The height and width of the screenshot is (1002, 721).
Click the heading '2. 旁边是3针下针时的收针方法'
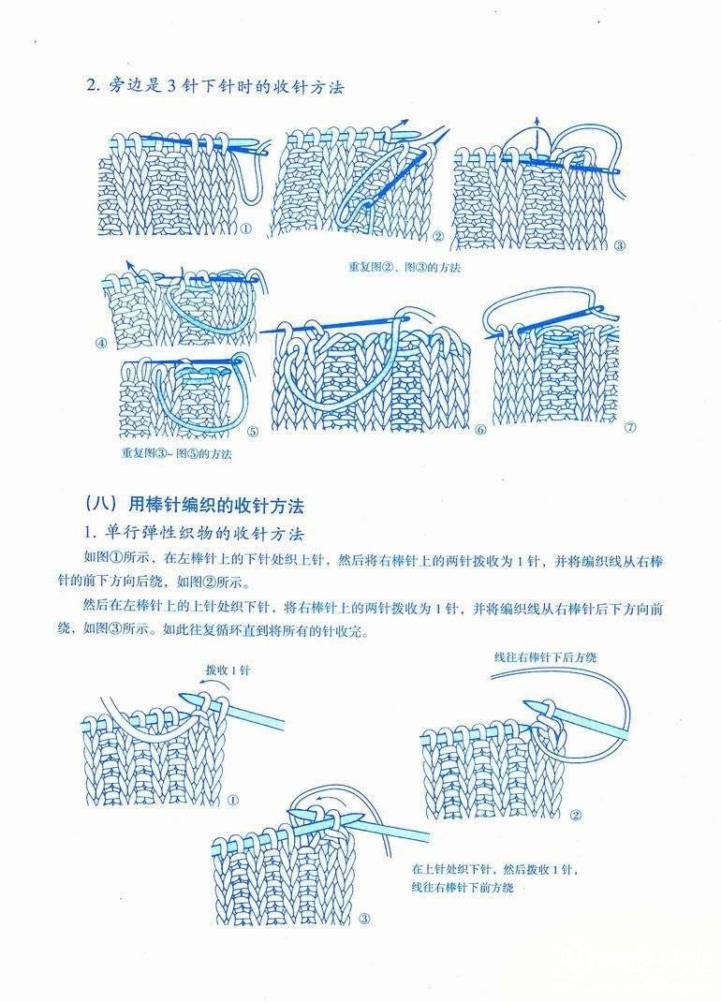tap(214, 85)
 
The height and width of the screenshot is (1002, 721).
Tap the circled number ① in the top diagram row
tap(245, 228)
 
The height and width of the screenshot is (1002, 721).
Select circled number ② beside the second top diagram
tap(438, 236)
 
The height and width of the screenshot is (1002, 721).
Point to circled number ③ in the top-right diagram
tap(619, 245)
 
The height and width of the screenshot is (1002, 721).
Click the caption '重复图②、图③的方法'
tap(404, 267)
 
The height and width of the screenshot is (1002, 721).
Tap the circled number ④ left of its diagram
tap(102, 343)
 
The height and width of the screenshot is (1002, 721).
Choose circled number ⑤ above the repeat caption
tap(253, 432)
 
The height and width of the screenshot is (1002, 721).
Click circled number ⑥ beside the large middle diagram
tap(480, 430)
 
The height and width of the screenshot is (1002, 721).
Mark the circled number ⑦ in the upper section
tap(630, 428)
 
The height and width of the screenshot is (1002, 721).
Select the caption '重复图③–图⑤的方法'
tap(176, 454)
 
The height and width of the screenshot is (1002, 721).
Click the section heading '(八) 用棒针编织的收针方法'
tap(194, 505)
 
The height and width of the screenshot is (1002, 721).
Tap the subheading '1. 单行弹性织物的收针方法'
tap(195, 534)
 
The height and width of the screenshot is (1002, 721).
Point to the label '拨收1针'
tap(228, 670)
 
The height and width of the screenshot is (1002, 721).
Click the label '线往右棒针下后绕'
tap(545, 656)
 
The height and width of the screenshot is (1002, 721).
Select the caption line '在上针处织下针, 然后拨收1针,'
tap(495, 869)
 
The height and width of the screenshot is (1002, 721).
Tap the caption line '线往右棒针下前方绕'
tap(463, 887)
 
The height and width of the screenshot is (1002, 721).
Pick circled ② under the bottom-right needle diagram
tap(576, 815)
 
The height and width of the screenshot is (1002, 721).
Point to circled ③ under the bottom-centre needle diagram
tap(364, 920)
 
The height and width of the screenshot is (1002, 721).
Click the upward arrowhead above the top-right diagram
tap(537, 120)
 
